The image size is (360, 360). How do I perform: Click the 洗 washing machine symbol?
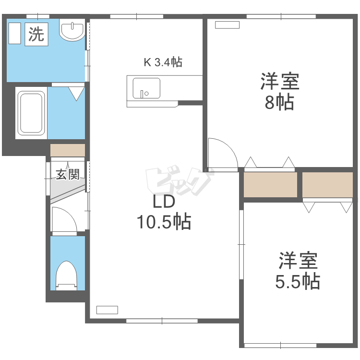coord(36,34)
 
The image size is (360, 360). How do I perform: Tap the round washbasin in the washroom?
coord(72,30)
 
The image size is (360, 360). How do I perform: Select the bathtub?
coord(31,113)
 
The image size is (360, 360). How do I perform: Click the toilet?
coord(66,276)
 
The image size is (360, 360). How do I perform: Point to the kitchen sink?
coord(146,88)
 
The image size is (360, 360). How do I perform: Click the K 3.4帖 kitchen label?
coord(163,62)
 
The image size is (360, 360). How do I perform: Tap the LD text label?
coord(164,202)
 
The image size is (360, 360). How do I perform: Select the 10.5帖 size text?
coord(164,222)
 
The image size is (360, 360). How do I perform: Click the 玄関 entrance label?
coord(68,174)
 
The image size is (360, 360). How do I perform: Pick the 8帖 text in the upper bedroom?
coord(279,102)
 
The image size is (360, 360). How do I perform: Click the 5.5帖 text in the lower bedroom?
coord(298,281)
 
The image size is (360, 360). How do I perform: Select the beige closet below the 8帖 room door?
coord(270,185)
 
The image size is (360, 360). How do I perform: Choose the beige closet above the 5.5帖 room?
coord(327,185)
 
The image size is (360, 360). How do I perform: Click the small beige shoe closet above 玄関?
coord(68,150)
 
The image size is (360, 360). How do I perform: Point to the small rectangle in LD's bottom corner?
coord(107,310)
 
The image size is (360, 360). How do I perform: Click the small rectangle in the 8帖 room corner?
coord(228,25)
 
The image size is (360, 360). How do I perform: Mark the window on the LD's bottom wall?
coord(162,321)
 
